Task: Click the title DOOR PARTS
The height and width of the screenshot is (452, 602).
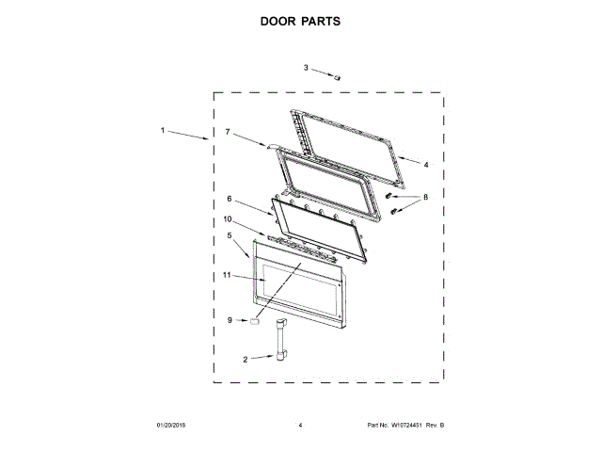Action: pos(300,19)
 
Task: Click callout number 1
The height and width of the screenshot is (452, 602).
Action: pos(163,130)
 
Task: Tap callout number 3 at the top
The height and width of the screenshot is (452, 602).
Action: pos(306,68)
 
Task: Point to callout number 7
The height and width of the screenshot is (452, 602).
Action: pos(227,133)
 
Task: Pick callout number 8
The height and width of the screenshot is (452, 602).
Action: pos(425,198)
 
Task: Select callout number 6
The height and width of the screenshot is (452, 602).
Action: pos(230,199)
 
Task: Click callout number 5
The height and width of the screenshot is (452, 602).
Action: pos(230,236)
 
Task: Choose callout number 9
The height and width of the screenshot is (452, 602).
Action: pos(229,320)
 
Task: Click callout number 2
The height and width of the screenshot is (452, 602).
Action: pos(246,359)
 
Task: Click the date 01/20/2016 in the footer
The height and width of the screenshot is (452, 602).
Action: pos(172,426)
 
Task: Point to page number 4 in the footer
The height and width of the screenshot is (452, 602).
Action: pos(300,426)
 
